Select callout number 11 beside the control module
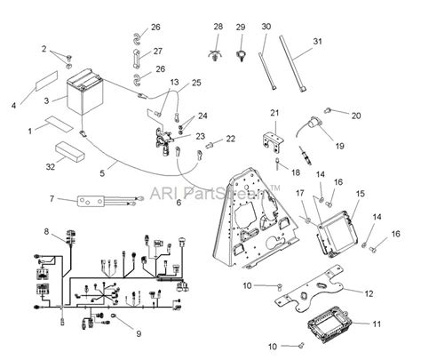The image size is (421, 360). (376, 324)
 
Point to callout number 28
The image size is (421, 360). (218, 28)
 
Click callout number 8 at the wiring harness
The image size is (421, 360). (45, 232)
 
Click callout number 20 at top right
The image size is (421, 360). (356, 116)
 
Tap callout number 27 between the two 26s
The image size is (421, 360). (156, 52)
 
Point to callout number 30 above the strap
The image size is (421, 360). (265, 28)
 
